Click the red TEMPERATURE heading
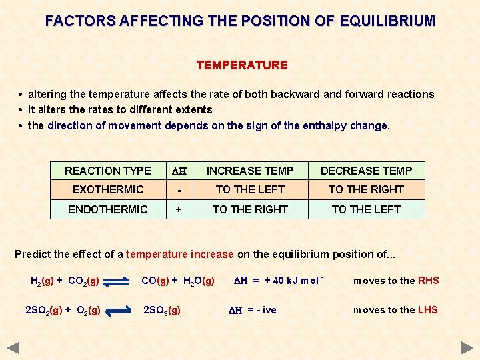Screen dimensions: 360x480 242,65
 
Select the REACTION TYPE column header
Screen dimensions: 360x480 108,171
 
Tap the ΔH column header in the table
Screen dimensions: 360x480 179,171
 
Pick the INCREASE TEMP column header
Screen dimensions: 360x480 250,171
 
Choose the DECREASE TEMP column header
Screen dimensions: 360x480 366,171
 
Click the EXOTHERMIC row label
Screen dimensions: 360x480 108,189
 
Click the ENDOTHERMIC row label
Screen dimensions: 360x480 108,209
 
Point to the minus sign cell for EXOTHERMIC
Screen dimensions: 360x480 179,190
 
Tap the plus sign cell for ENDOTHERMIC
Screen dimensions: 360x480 179,209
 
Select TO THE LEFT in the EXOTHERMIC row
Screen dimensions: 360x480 250,189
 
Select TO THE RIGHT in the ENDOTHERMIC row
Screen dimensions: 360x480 250,209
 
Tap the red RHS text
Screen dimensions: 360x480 428,281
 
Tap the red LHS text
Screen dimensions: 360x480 427,310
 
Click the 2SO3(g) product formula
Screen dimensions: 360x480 162,311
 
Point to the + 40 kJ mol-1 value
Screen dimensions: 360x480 294,281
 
